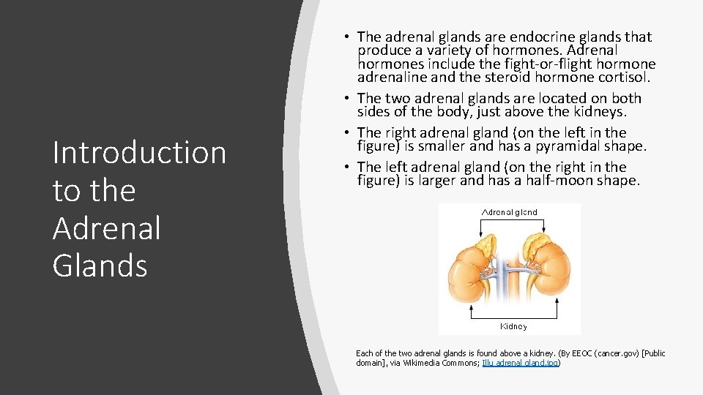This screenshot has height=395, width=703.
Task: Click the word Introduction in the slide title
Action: click(x=139, y=153)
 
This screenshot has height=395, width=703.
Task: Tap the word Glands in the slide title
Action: click(x=100, y=265)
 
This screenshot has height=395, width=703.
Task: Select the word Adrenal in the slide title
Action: click(x=106, y=227)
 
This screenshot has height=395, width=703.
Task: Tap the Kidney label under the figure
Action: click(x=513, y=326)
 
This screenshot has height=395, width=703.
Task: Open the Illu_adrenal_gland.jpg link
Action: click(x=521, y=363)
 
